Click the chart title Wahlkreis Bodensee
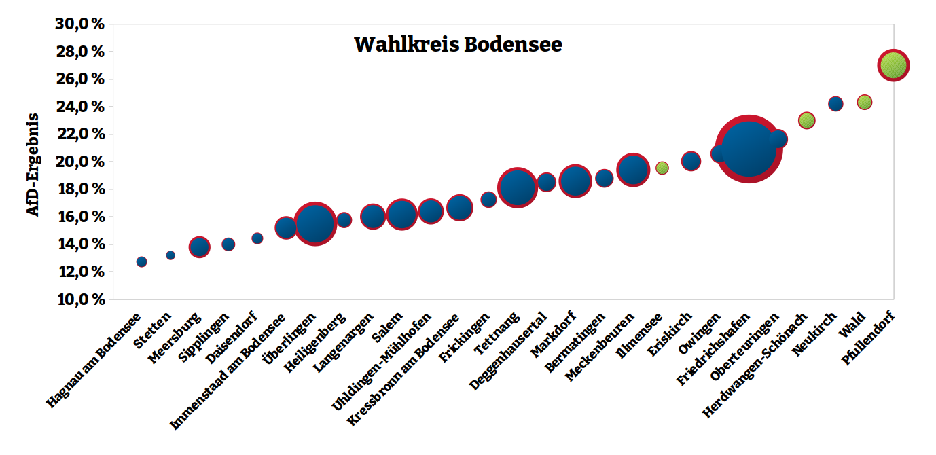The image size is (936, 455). pos(458,45)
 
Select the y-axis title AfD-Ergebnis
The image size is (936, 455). pos(33,164)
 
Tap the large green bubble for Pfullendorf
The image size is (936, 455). pos(893,66)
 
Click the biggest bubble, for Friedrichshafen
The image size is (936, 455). pos(749,149)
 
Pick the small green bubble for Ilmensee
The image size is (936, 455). pos(662,168)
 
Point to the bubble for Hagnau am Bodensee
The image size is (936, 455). pos(141,261)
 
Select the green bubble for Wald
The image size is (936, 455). pos(864,103)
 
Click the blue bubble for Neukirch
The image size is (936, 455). pos(835,104)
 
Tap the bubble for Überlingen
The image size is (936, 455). pos(314,223)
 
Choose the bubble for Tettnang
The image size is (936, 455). pos(518,187)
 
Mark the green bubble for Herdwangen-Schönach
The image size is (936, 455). pos(806,120)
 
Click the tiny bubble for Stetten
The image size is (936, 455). pos(170,255)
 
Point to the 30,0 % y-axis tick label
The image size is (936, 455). pos(79,24)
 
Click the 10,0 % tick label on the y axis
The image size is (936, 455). pos(79,299)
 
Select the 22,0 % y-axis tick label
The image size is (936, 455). pos(79,134)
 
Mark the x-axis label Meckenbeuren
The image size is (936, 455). pos(600,347)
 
